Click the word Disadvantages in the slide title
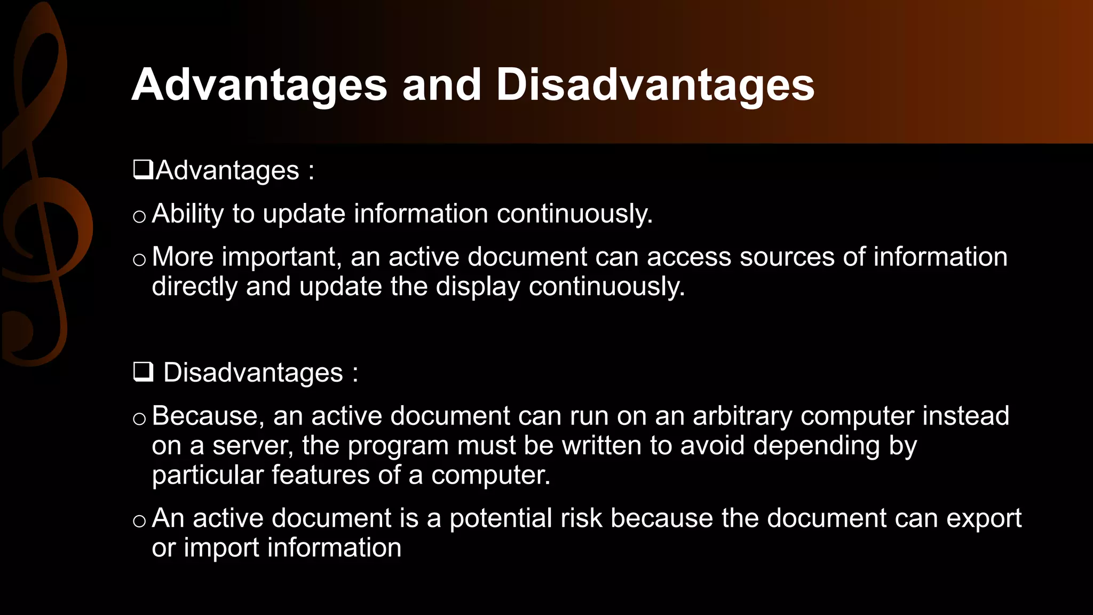655,85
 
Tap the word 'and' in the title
441,85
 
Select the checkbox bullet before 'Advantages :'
142,170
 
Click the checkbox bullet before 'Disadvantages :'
143,372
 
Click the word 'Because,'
208,416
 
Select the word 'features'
320,475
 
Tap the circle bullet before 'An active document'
139,521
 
